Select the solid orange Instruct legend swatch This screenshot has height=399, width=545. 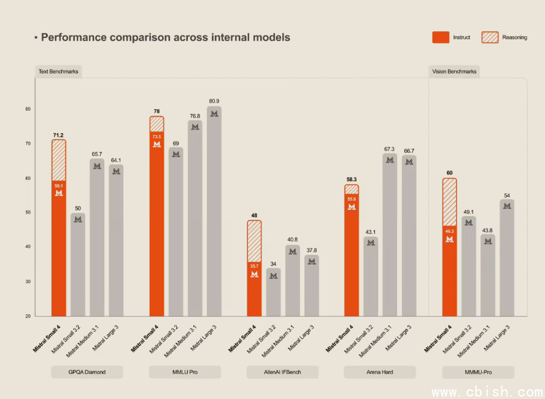coord(440,37)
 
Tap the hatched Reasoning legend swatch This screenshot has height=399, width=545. coord(489,37)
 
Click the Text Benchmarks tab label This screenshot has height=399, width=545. coord(58,71)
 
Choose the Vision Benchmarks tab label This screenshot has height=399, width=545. coord(454,71)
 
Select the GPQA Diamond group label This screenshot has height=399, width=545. coord(87,372)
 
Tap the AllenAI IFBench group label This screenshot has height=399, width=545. coord(282,372)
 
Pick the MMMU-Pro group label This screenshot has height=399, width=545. coord(478,372)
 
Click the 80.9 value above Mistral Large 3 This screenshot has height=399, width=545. coord(214,101)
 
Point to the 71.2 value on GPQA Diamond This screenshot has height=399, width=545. coord(58,134)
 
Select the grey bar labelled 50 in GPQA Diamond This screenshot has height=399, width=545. coord(78,264)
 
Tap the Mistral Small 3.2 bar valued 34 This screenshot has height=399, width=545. coord(273,292)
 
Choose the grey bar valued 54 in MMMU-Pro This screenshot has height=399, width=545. coord(507,257)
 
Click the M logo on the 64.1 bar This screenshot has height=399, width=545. coord(116,171)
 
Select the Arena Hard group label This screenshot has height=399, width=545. coord(379,372)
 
